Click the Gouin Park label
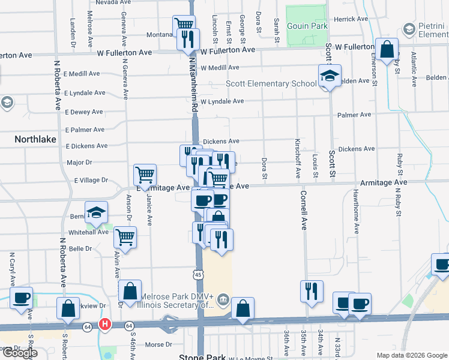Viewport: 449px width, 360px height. pos(307,27)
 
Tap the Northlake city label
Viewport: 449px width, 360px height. pos(35,139)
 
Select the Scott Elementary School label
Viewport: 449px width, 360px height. pos(271,84)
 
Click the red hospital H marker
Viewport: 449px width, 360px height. pos(106,325)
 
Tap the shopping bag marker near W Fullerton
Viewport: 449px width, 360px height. pos(388,50)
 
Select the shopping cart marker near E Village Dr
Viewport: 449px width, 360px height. pos(145,175)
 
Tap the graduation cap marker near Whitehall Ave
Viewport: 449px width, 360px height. pos(96,212)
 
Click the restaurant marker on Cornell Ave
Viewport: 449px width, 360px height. pos(311,291)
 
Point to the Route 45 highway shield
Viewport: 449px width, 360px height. pos(198,274)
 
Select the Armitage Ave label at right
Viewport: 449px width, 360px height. pos(384,182)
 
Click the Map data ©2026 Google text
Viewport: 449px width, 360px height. pos(411,355)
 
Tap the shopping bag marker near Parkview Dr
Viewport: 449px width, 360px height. pos(68,308)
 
